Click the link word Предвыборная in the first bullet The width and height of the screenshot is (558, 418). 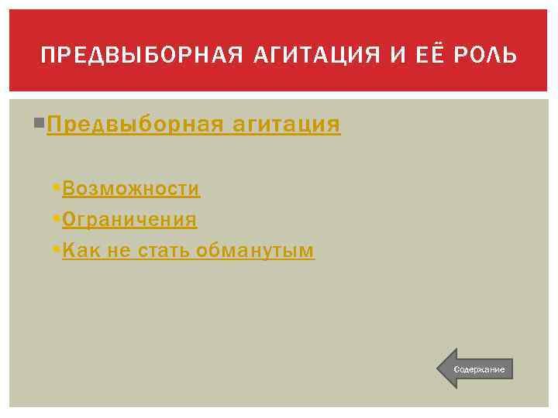[131, 125]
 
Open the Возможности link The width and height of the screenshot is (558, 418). [131, 189]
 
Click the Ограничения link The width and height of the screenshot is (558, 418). [129, 220]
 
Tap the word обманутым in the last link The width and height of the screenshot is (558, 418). [256, 251]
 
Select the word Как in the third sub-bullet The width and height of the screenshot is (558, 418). [78, 251]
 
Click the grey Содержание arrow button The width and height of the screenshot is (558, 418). [479, 369]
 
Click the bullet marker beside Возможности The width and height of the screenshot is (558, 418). [57, 188]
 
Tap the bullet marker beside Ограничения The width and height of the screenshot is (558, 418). [57, 219]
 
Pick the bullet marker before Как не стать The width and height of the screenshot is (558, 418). [57, 250]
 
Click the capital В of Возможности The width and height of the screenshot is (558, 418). [67, 189]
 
